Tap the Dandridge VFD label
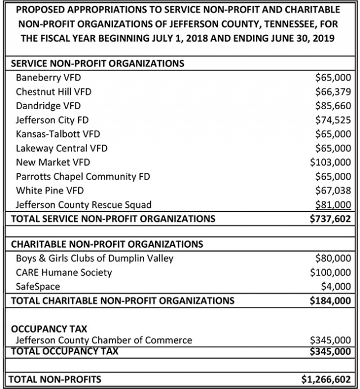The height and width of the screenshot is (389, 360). tap(48, 105)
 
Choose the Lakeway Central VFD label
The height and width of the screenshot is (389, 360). tap(62, 148)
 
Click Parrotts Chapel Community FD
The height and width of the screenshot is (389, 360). tap(83, 176)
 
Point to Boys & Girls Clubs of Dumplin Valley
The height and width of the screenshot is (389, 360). tap(95, 258)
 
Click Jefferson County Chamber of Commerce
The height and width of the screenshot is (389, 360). tap(104, 340)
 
